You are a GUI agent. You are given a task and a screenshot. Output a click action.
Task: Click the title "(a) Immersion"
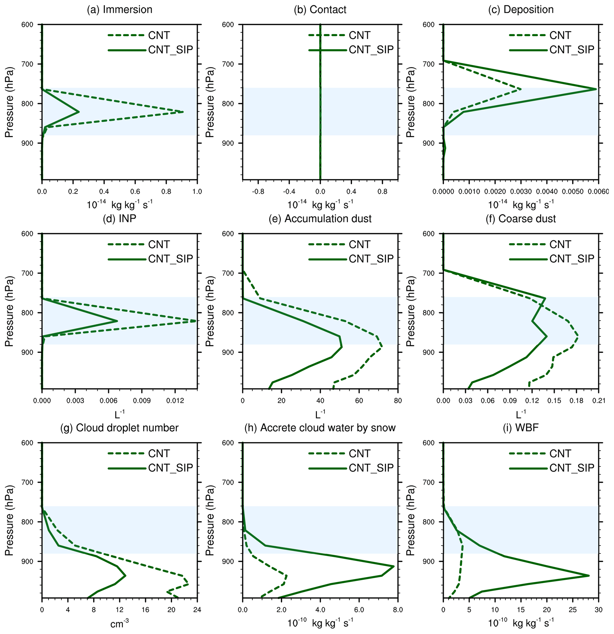[119, 10]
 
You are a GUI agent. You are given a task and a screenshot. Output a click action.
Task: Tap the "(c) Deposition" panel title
[520, 10]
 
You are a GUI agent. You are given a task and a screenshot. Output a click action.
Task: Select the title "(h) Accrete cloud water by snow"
[328, 428]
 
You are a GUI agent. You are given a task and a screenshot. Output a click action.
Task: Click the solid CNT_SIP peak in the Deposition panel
[596, 89]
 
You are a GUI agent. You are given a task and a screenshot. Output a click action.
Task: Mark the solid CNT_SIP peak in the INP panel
[117, 321]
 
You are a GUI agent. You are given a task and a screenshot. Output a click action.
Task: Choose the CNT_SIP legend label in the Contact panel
[371, 50]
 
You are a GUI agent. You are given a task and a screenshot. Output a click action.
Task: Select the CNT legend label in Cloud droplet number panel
[159, 454]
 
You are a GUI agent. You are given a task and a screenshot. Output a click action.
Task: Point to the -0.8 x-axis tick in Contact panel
[258, 192]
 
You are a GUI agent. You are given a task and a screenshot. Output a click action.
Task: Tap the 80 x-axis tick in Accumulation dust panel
[398, 401]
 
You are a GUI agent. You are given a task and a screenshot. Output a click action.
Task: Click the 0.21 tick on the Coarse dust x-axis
[599, 401]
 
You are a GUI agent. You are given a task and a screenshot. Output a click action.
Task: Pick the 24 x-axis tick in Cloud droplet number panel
[197, 610]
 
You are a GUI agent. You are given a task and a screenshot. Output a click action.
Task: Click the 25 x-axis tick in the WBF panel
[573, 610]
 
